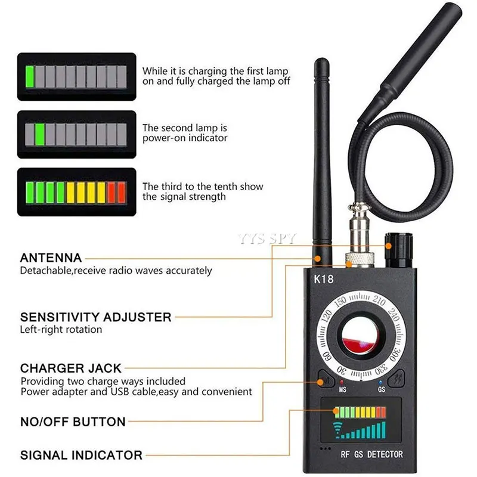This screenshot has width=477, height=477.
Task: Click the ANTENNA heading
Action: pos(51,258)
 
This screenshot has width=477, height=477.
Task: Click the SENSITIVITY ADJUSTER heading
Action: pos(95,317)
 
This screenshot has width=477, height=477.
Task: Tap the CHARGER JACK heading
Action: pos(70,368)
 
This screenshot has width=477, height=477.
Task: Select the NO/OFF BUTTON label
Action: pos(73,422)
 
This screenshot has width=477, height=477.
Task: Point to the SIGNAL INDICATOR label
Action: pos(81,455)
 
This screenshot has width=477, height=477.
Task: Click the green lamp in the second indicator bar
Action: pos(40,132)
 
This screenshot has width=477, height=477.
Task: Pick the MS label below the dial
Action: pos(342,390)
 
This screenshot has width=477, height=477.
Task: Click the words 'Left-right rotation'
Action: pos(61,329)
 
